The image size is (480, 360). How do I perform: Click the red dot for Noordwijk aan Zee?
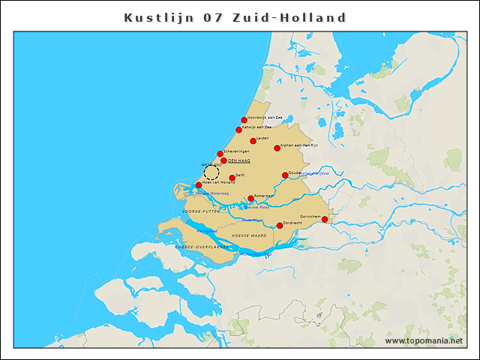(244, 119)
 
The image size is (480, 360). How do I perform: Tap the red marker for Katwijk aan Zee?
(239, 130)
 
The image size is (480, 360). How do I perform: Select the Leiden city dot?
(253, 140)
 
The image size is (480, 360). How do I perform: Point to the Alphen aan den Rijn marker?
(277, 148)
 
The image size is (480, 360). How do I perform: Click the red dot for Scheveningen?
(220, 154)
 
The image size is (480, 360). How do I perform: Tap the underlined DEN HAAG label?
(238, 161)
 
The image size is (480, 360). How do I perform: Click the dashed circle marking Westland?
(211, 172)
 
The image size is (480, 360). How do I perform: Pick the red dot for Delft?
(232, 178)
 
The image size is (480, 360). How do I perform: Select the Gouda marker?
(285, 175)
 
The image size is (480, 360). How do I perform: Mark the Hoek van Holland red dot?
(199, 184)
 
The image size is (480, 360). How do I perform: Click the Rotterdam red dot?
(250, 199)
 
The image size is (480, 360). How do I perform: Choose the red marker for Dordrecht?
(280, 225)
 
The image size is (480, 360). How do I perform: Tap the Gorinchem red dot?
(325, 220)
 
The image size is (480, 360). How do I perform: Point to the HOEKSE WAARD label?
(249, 235)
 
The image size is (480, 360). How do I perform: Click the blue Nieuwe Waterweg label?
(211, 193)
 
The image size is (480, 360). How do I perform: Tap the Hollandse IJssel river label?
(314, 175)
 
